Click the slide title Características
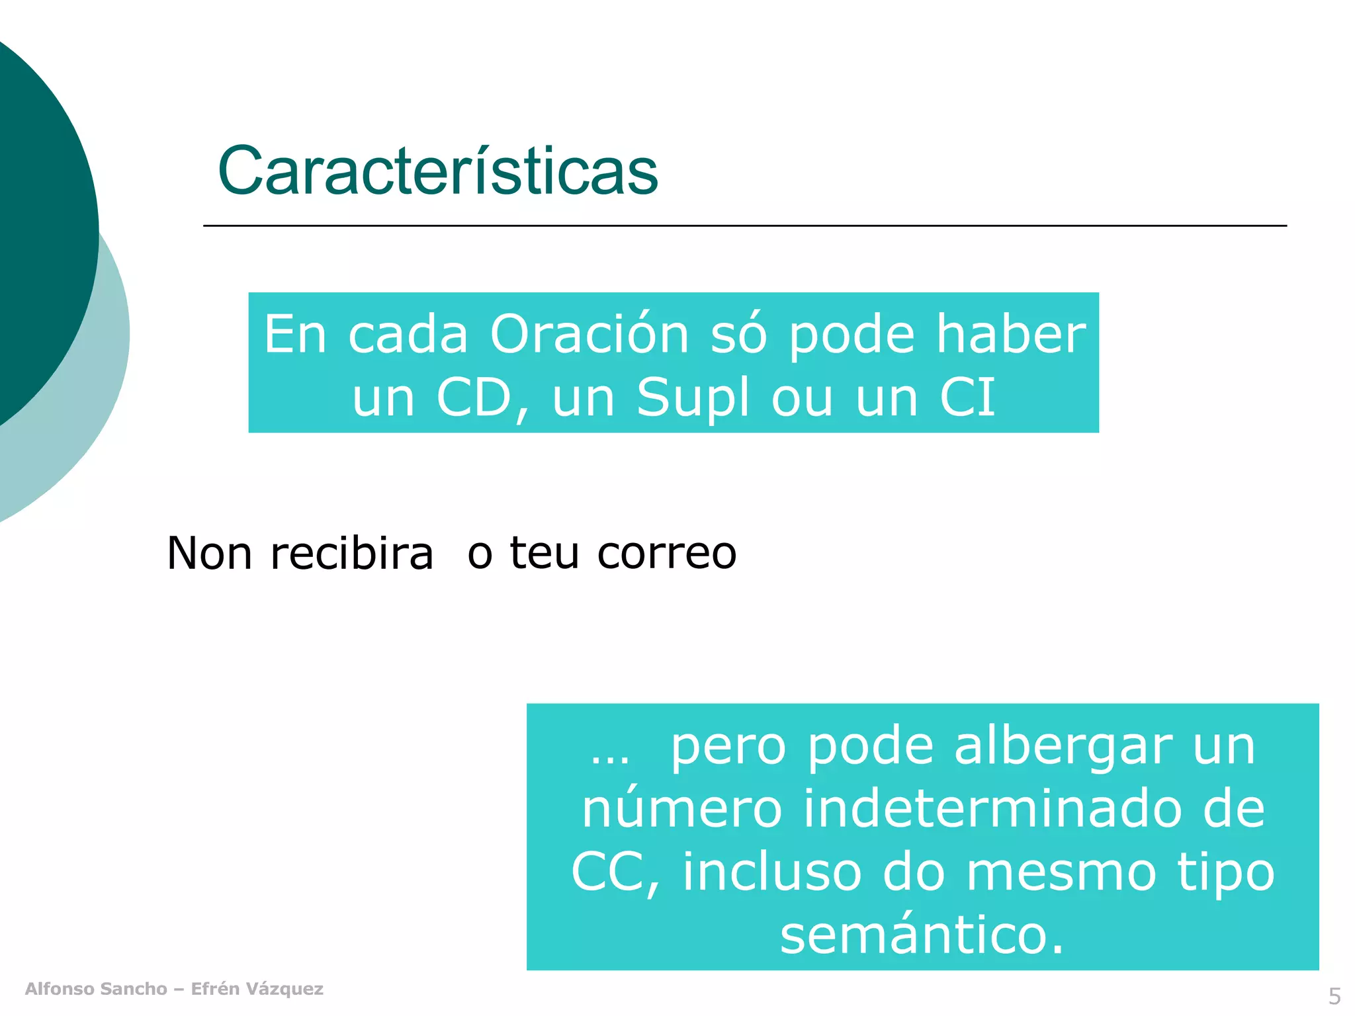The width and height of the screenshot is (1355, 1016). click(x=437, y=171)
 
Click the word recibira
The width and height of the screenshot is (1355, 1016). click(x=352, y=553)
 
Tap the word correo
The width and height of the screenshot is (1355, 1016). click(x=666, y=553)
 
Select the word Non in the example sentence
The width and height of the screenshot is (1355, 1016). click(x=209, y=553)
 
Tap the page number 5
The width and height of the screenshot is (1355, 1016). click(x=1334, y=996)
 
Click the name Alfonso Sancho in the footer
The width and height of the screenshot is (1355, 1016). click(x=96, y=989)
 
